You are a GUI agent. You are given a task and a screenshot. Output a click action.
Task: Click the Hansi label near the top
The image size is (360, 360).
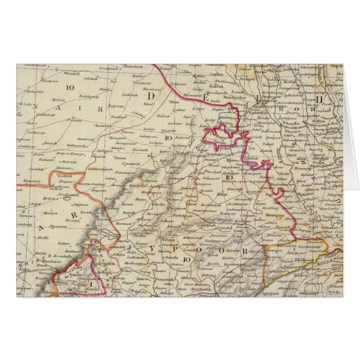pyautogui.click(x=163, y=68)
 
